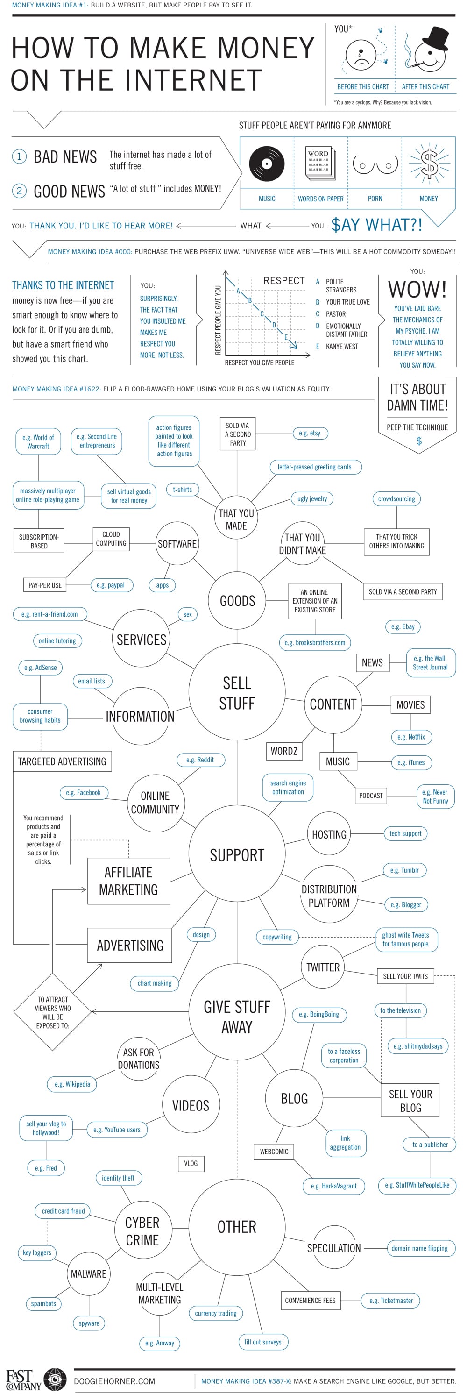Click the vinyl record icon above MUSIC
coord(267,164)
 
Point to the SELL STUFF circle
coord(237,693)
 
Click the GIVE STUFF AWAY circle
coord(237,1016)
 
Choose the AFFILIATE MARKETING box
coord(129,881)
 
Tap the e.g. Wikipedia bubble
coord(72,1084)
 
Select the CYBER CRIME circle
coord(143,1231)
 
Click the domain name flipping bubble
coord(419,1248)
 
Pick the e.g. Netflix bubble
coord(411,737)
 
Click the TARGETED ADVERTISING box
coord(62,761)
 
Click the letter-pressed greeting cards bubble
coord(314,467)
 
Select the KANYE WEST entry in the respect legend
coord(341,346)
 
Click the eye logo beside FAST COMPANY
coord(55,1380)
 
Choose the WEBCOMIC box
coord(274,1151)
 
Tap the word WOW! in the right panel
coord(417,290)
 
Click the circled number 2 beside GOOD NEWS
coord(20,191)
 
